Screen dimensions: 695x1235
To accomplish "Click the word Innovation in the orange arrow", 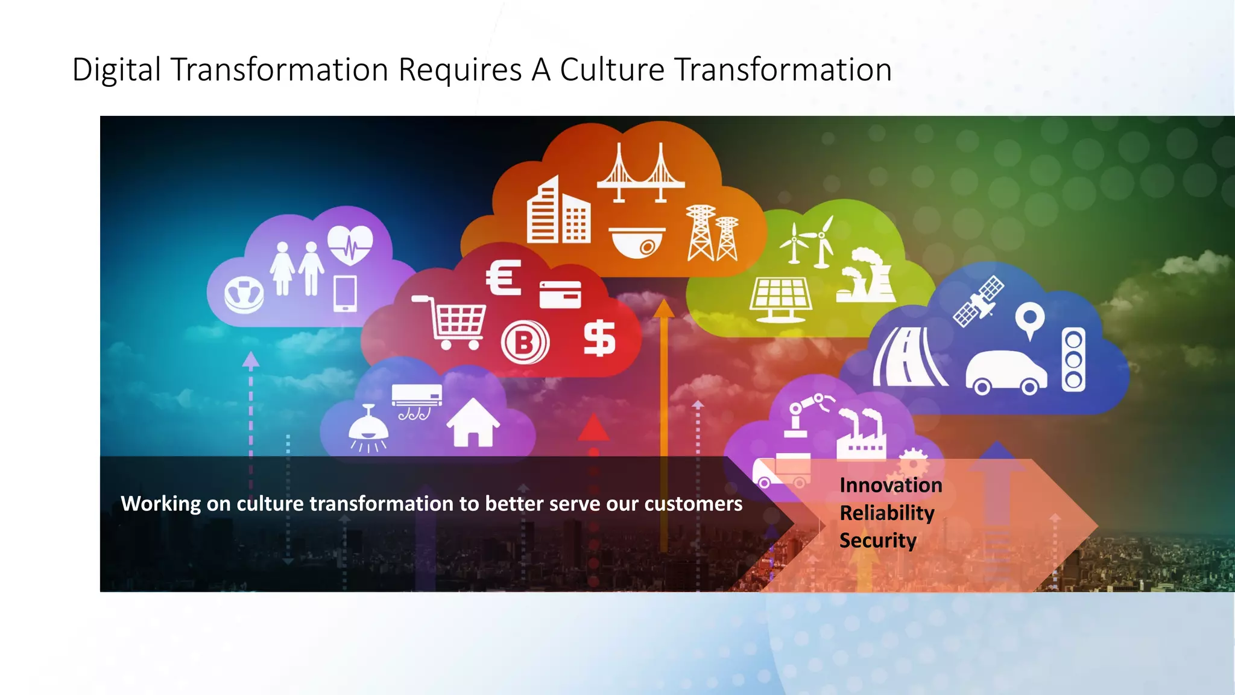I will tap(891, 485).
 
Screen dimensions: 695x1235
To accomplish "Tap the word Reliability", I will tap(886, 513).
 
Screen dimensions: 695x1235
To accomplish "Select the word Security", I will tap(877, 541).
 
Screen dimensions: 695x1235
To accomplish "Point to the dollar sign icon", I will tap(599, 338).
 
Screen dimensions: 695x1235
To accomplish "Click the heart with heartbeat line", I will tap(350, 244).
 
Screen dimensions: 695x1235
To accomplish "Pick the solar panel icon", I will tap(780, 299).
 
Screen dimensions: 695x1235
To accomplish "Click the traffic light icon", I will tap(1073, 360).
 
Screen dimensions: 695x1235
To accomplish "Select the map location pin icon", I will tap(1030, 320).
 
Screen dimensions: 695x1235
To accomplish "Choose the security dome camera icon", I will tap(636, 242).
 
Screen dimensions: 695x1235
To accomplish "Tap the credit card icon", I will tap(560, 294).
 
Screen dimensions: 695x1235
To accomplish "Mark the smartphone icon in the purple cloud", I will tap(345, 293).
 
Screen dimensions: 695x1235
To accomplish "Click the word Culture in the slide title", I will tap(611, 69).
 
